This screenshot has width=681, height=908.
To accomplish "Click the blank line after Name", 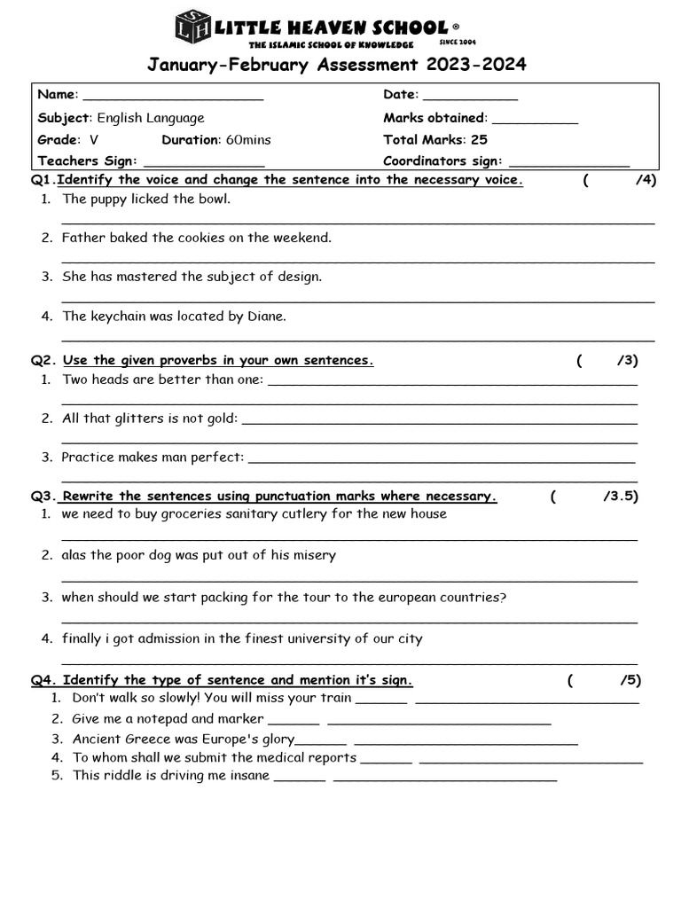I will click(173, 98).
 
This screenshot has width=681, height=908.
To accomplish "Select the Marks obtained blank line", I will click(535, 121).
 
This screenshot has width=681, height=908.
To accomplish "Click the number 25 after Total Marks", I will click(479, 139).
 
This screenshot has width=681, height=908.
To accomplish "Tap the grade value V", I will click(94, 140).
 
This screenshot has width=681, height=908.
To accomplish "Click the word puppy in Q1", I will click(109, 200).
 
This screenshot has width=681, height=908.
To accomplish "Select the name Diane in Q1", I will click(267, 317).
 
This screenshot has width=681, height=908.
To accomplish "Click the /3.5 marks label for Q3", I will click(620, 497).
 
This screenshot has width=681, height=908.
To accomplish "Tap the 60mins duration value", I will click(248, 140).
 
